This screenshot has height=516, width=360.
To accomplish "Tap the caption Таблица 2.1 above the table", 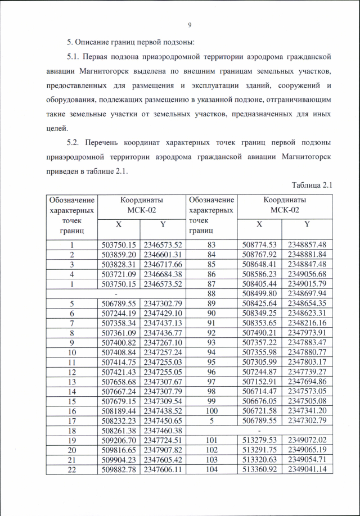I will [x=313, y=185].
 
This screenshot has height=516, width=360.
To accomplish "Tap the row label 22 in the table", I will [x=72, y=469].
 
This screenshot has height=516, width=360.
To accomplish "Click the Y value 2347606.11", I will [x=163, y=469].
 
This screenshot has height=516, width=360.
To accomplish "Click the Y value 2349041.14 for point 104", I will [x=307, y=469].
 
